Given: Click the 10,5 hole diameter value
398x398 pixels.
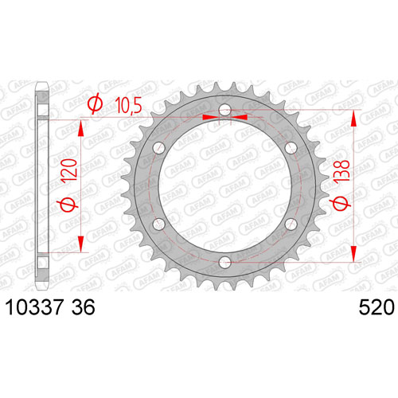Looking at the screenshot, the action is pos(129,105).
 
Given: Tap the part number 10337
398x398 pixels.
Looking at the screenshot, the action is pos(34,307).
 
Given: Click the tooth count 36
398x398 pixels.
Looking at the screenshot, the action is pos(84,307).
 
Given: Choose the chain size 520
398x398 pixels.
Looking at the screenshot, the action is pos(377,307).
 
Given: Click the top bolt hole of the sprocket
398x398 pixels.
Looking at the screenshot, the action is pos(225,110).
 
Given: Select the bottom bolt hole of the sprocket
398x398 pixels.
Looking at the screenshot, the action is pos(225,263).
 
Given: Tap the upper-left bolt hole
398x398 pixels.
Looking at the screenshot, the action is pos(159,148).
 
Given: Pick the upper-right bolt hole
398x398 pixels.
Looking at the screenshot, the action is pos(291,148).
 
